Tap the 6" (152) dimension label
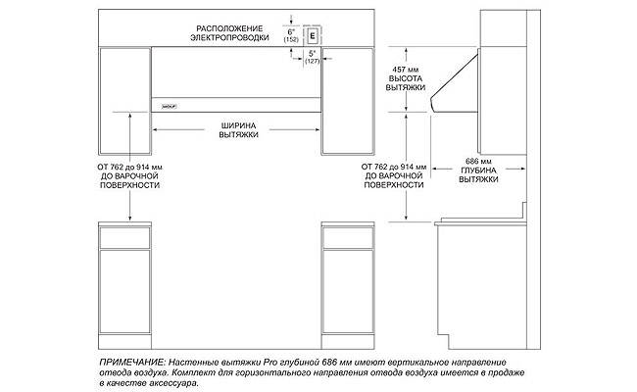tap(291, 36)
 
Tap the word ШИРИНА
tap(238, 124)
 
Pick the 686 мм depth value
tap(477, 161)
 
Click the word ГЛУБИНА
tap(477, 171)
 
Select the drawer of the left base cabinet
tap(125, 235)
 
